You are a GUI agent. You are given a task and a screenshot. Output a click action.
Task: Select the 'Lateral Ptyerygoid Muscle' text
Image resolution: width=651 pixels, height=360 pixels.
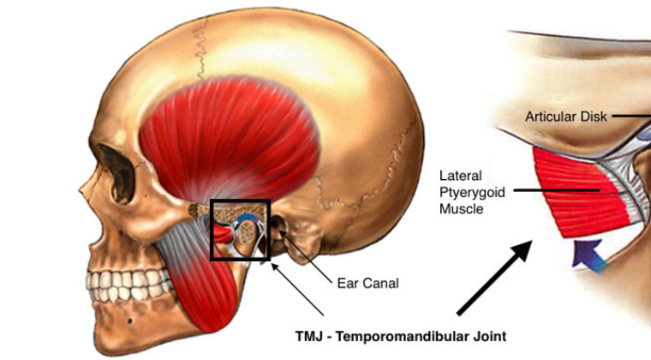click(x=469, y=189)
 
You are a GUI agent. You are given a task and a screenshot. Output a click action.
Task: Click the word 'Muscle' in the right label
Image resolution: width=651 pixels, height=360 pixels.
click(x=460, y=207)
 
